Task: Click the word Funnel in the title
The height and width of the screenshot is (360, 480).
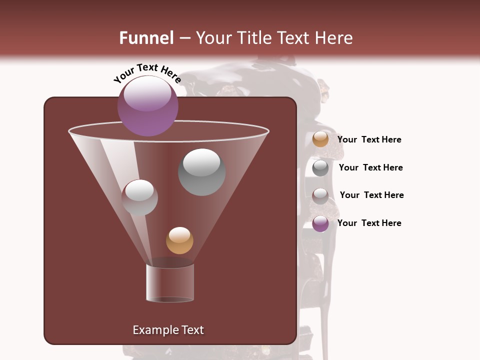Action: [146, 38]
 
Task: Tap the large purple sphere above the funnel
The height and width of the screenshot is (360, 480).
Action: [148, 106]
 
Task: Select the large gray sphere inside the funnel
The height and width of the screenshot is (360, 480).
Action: [201, 172]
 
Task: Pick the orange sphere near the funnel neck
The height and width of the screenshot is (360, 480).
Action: [179, 240]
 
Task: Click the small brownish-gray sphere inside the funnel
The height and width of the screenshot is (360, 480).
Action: [139, 197]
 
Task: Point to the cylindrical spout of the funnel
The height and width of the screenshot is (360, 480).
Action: [170, 283]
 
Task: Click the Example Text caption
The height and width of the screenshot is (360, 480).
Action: [168, 330]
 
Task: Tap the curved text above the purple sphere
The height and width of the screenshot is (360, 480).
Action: [147, 73]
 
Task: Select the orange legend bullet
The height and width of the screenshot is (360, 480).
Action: [320, 139]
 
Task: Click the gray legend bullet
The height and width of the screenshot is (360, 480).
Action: [320, 168]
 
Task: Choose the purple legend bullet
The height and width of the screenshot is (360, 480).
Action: [320, 223]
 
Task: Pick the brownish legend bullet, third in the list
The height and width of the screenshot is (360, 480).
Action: [320, 196]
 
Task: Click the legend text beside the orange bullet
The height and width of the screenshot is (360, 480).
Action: [369, 139]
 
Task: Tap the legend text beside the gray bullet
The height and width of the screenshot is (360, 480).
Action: [371, 167]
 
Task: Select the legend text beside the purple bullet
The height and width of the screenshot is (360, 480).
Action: [369, 223]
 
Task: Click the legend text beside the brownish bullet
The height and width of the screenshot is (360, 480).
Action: [372, 195]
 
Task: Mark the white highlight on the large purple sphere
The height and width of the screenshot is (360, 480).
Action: [147, 93]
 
